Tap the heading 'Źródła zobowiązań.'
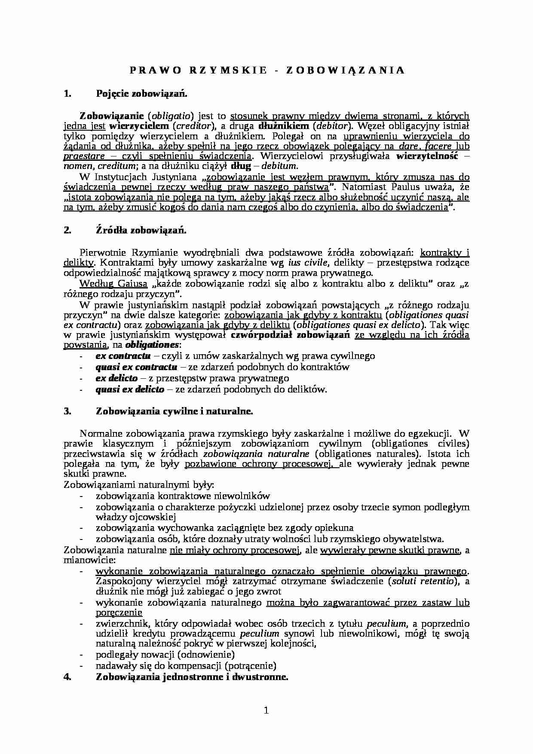141,230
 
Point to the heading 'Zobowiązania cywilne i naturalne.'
175,411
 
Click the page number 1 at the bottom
266,711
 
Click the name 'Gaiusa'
120,284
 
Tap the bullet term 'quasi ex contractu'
136,367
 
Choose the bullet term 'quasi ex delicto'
130,389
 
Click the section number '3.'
67,411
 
